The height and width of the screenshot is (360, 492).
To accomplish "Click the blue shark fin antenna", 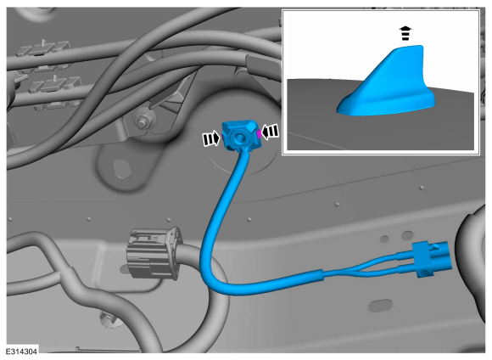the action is pos(387,85).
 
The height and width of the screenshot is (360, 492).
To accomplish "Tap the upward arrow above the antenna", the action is pos(405,33).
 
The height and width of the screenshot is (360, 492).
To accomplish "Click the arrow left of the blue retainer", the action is pos(211,138).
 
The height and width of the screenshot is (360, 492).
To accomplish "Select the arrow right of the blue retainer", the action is pos(270,132).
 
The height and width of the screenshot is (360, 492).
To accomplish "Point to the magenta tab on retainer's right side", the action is pos(259,133).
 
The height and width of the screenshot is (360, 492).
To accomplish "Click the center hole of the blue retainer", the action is pos(239,137).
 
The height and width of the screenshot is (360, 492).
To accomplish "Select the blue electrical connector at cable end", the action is pos(433,259).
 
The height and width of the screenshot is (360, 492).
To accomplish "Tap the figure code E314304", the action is pos(21,352).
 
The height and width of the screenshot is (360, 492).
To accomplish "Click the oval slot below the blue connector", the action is pos(381,305).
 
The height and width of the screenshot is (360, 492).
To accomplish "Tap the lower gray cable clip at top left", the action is pos(54,85).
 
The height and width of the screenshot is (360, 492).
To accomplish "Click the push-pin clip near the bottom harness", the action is pos(108,317).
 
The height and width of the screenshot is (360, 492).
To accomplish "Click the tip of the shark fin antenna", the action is pos(420,47).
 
